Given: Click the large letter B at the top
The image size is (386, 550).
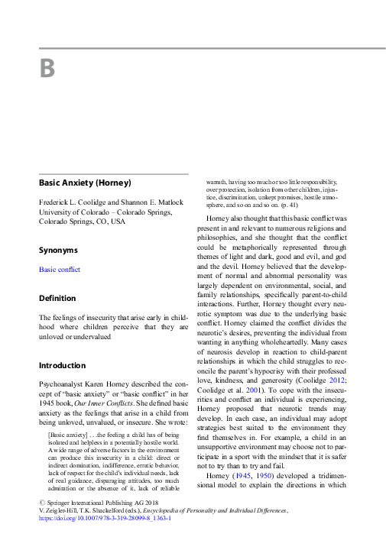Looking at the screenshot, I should click(x=47, y=69).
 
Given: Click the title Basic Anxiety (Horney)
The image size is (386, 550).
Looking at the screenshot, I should click(x=85, y=183).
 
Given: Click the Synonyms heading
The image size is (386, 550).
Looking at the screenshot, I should click(x=58, y=250).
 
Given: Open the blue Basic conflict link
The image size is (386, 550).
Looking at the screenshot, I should click(x=59, y=270).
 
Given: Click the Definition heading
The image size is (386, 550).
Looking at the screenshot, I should click(x=57, y=298).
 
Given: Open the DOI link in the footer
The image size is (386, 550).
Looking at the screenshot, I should click(x=105, y=517).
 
